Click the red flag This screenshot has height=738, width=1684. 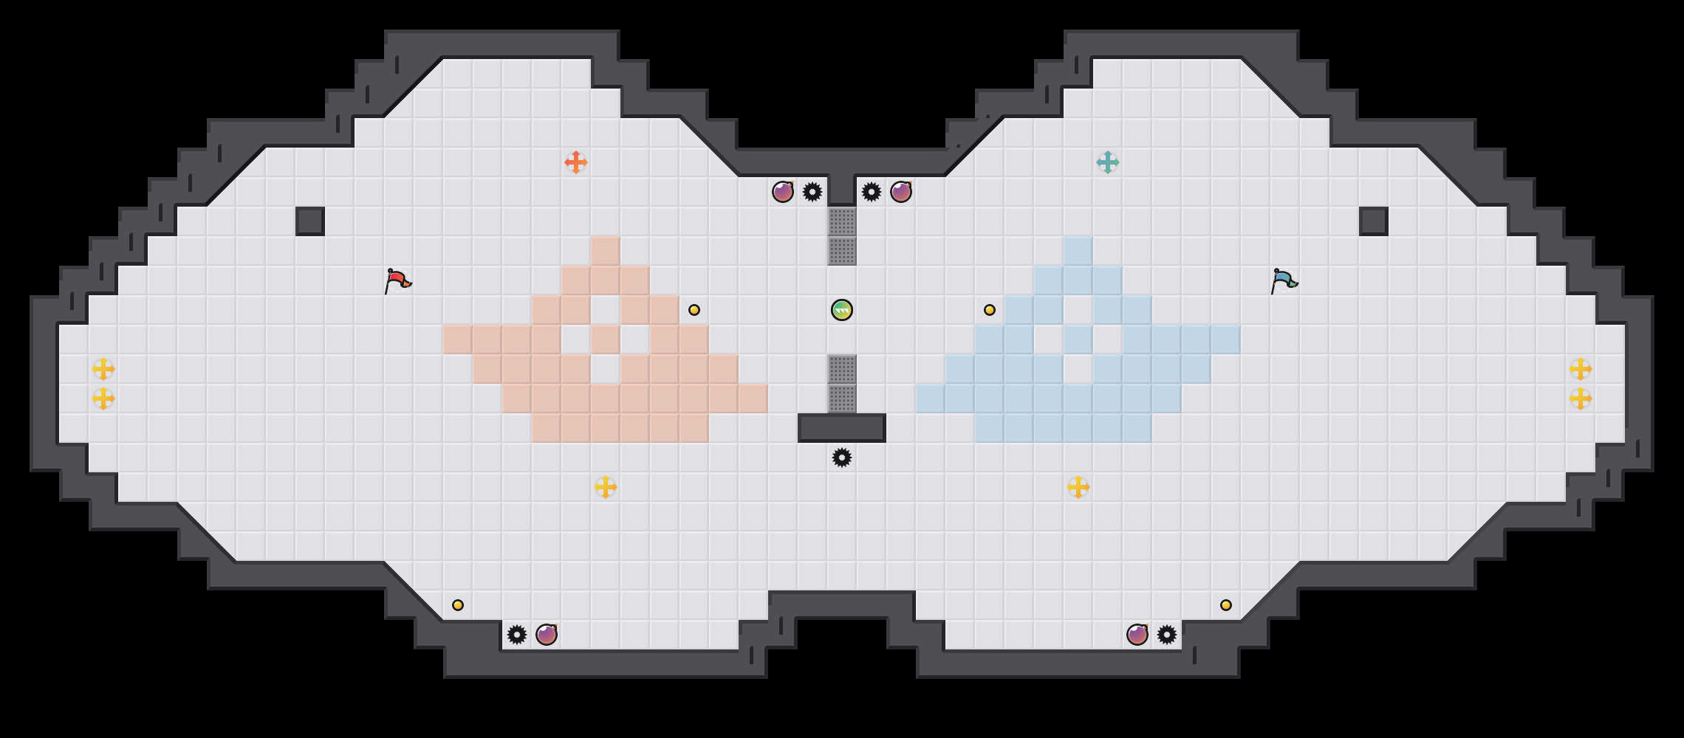pos(397,280)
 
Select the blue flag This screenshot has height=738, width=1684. pos(1284,280)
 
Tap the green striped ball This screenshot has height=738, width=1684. pos(842,310)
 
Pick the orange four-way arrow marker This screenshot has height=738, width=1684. pos(576,162)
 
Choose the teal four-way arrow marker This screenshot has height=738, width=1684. pos(1108,162)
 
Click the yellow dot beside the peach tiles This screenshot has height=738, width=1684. pos(694,310)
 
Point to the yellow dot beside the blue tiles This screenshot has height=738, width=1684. pos(990,310)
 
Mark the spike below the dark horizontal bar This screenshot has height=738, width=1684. pos(842,458)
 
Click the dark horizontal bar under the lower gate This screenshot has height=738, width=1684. pos(842,428)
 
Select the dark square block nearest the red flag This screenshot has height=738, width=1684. pos(310,221)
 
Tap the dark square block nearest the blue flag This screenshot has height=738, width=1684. pos(1374,221)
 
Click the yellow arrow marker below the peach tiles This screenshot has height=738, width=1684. pos(606,487)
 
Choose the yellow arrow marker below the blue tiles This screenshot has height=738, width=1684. pos(1078,487)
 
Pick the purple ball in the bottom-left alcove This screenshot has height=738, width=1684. pos(547,635)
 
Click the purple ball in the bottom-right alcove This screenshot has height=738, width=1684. pos(1137,635)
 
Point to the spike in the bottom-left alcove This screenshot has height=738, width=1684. pos(517,635)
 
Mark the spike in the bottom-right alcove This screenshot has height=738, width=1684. pos(1167,635)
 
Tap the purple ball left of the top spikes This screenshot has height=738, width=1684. pos(783,192)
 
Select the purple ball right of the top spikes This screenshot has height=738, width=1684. pos(901,192)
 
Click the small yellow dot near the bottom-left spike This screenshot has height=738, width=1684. pos(458,605)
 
